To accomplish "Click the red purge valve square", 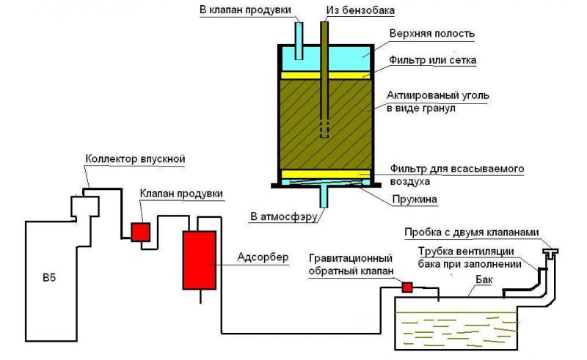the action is pos(140,232).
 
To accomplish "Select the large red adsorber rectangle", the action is pos(199,260).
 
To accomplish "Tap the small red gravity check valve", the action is pos(407,287).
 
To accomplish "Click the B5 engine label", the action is pos(49,278).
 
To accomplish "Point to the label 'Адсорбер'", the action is pos(263,257).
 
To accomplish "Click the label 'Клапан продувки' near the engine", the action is pos(181,194).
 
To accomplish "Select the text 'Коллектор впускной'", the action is pos(135,158).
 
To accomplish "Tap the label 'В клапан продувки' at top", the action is pos(245,10).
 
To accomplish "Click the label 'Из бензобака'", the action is pos(360,10).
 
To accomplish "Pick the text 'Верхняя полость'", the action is pos(432,34).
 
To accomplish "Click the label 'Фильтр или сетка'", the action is pos(432,60).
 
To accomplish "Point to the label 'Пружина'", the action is pos(415,199).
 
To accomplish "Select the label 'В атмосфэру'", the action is pos(284,216).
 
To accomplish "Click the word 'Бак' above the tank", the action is pos(484,279).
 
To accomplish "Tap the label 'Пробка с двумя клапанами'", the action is pos(472,232).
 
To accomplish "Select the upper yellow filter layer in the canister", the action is pos(325,76).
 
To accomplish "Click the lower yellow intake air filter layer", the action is pos(325,174).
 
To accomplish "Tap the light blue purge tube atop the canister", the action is pos(299,40).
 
